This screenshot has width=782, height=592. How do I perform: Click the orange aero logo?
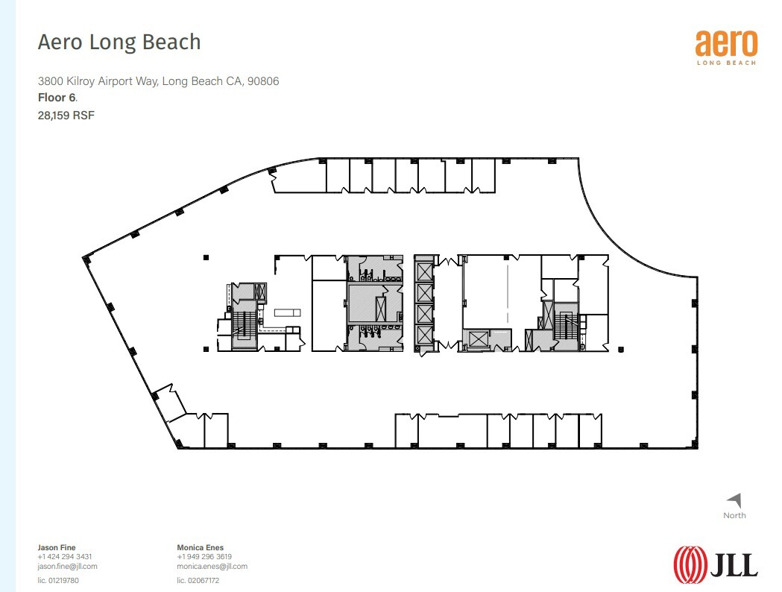click(x=725, y=43)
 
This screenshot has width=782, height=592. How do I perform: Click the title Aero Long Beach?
click(x=119, y=42)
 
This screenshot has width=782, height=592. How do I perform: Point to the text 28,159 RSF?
click(x=66, y=115)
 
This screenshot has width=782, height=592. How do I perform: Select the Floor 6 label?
click(x=57, y=98)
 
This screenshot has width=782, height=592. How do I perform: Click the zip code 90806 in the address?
click(x=263, y=81)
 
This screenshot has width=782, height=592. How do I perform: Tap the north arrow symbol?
click(x=735, y=501)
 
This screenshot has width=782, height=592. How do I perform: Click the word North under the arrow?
click(x=734, y=515)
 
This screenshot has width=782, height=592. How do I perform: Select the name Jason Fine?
click(x=57, y=547)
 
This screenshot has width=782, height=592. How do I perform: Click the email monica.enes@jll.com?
click(x=212, y=566)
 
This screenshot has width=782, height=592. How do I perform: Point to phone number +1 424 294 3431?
click(x=64, y=557)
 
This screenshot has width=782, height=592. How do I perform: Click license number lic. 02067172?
click(x=198, y=580)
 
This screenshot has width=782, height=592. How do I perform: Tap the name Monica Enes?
click(x=200, y=547)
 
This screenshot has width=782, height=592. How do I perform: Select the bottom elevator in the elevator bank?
click(x=424, y=335)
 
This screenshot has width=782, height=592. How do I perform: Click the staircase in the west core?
click(x=242, y=325)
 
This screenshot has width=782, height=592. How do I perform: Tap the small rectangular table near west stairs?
click(x=286, y=312)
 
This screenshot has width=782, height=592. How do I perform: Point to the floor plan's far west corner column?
click(x=86, y=259)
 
